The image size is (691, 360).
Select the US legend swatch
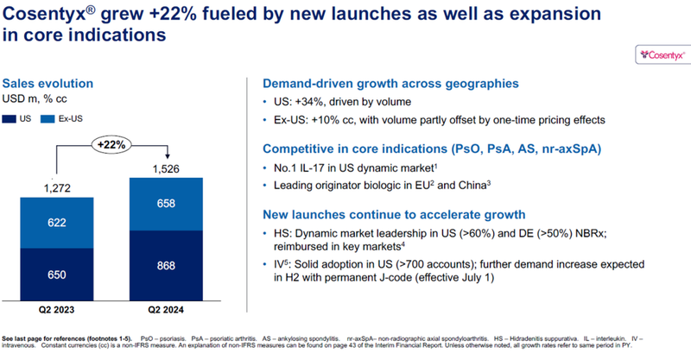pos(10,118)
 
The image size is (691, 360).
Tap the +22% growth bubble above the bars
pos(113,142)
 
